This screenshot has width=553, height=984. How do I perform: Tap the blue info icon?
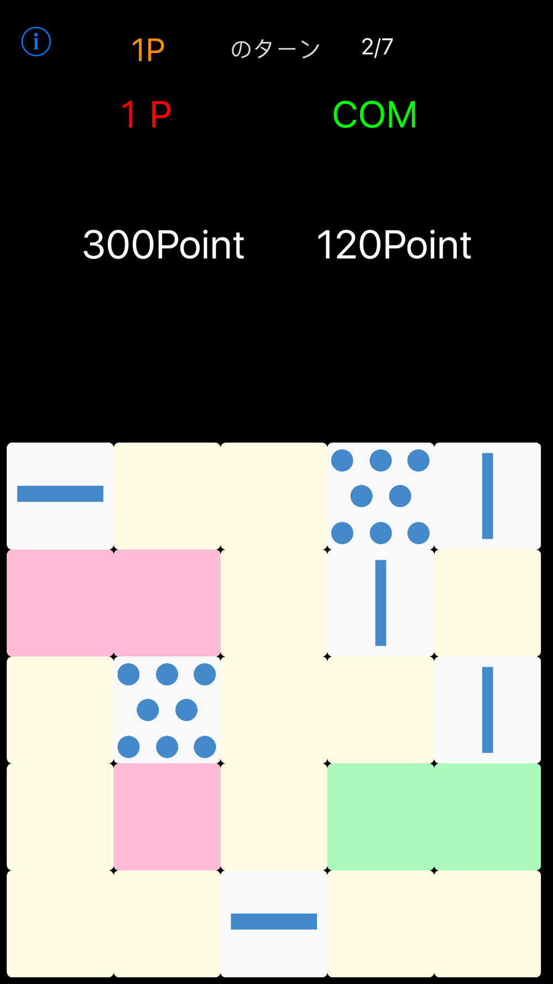tap(36, 42)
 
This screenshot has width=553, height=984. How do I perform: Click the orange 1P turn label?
tap(148, 50)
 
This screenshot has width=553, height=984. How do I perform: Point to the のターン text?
tap(275, 49)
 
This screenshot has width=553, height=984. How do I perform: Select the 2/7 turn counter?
tap(377, 48)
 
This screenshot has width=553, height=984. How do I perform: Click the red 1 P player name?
tap(146, 115)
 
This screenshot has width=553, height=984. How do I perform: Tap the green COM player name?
tap(374, 115)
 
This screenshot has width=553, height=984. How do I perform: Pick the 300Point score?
tap(163, 245)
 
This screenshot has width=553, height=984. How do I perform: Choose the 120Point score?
tap(394, 245)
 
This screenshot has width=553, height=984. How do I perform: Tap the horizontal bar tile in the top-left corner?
tap(60, 495)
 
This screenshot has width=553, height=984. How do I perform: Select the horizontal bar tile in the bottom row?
tap(274, 923)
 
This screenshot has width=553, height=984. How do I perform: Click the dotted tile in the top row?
tap(380, 495)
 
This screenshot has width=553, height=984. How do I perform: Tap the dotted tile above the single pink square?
tap(167, 709)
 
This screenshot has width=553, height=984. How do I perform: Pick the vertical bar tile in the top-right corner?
tap(487, 495)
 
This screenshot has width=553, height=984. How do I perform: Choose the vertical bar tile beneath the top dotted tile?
tap(380, 603)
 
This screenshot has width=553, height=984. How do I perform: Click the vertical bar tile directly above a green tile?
tap(487, 709)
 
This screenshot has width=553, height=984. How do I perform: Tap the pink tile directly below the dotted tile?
tap(167, 816)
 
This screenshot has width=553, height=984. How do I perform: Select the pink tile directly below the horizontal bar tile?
tap(60, 603)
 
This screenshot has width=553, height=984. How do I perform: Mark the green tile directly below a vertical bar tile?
tap(487, 816)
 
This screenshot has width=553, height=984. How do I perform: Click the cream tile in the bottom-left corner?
tap(60, 923)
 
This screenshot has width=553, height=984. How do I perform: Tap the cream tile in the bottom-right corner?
tap(487, 923)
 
